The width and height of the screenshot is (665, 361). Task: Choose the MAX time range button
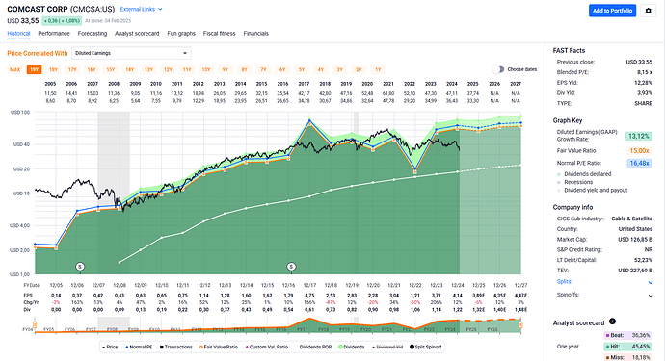(15, 70)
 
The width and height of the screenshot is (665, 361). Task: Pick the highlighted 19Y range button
(35, 70)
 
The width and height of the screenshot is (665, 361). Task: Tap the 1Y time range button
(377, 70)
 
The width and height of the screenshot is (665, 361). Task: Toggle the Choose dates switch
(498, 69)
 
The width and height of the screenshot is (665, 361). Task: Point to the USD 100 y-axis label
(17, 113)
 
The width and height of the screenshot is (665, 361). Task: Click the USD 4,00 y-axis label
(17, 226)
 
